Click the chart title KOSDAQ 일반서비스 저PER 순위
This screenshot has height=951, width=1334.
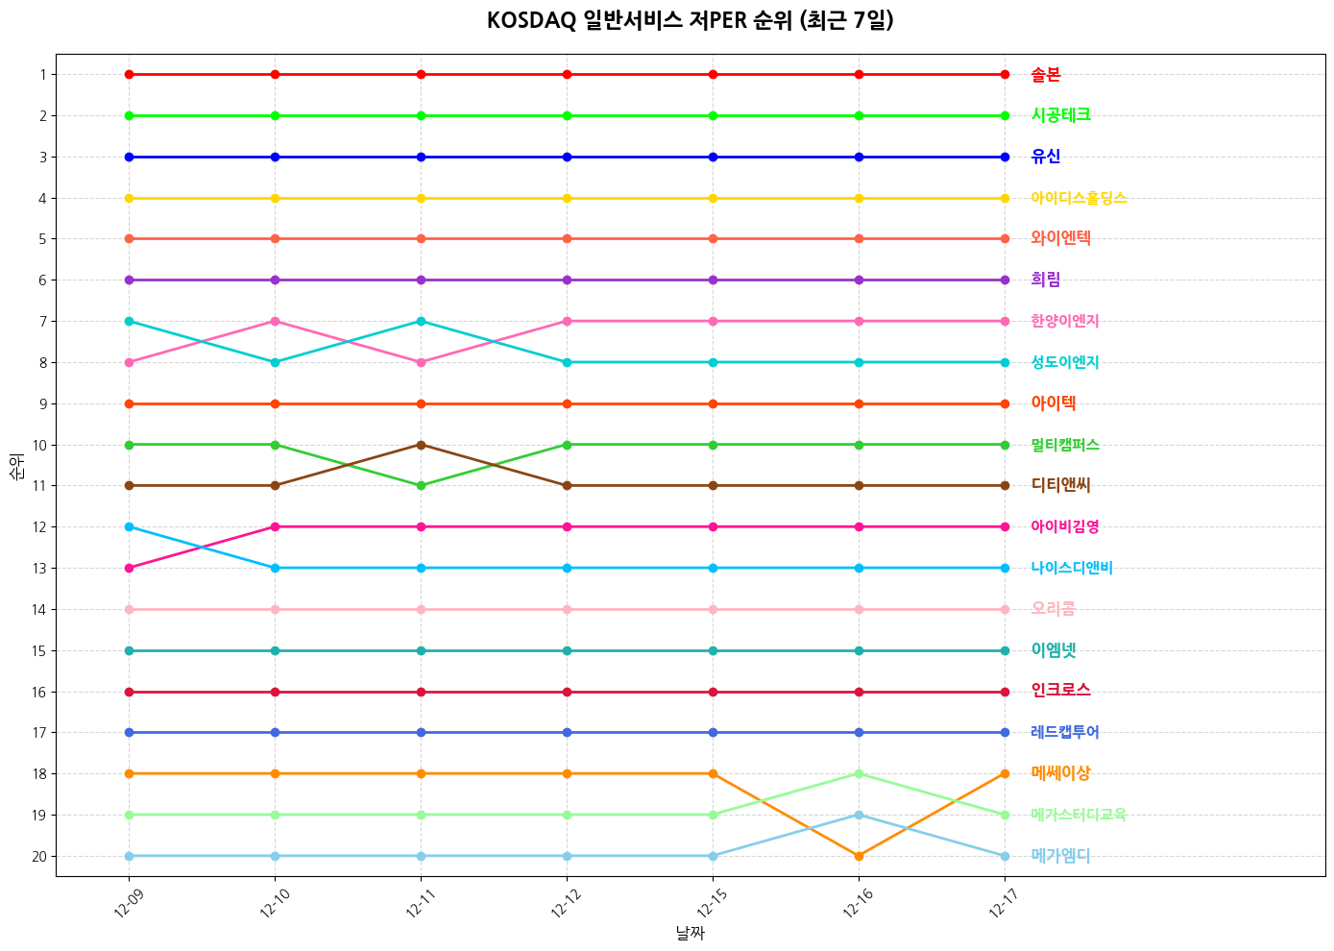point(690,20)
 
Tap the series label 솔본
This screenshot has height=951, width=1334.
point(1046,75)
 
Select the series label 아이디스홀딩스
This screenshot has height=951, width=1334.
point(1079,199)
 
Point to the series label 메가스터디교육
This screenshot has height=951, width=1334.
point(1079,816)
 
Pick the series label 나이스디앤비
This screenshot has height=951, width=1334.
point(1072,569)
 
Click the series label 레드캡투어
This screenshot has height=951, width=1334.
point(1065,733)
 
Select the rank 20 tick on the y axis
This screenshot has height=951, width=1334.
point(39,857)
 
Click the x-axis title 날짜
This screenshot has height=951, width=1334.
point(690,933)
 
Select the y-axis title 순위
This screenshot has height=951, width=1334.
point(16,467)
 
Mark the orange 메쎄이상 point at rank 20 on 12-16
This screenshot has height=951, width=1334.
point(859,856)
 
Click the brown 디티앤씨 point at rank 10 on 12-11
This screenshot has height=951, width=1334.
point(421,445)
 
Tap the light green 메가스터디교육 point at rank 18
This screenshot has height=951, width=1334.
point(859,773)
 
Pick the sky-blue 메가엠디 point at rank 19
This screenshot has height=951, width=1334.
point(859,815)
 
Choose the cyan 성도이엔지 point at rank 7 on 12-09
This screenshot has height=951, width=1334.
point(129,321)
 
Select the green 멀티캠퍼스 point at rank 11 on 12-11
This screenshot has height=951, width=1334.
point(421,486)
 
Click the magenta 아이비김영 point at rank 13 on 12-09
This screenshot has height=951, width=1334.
point(129,568)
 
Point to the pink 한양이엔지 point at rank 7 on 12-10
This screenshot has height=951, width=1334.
point(276,321)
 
